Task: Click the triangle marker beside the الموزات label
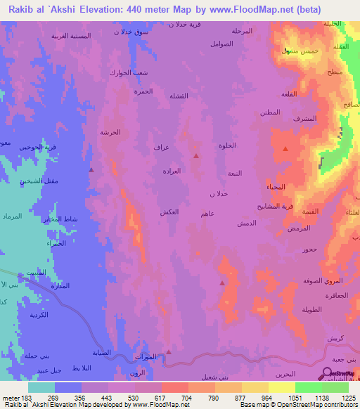[x=169, y=352]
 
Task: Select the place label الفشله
[x=178, y=96]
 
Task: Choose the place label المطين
[x=270, y=112]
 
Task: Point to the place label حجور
[x=310, y=249]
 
